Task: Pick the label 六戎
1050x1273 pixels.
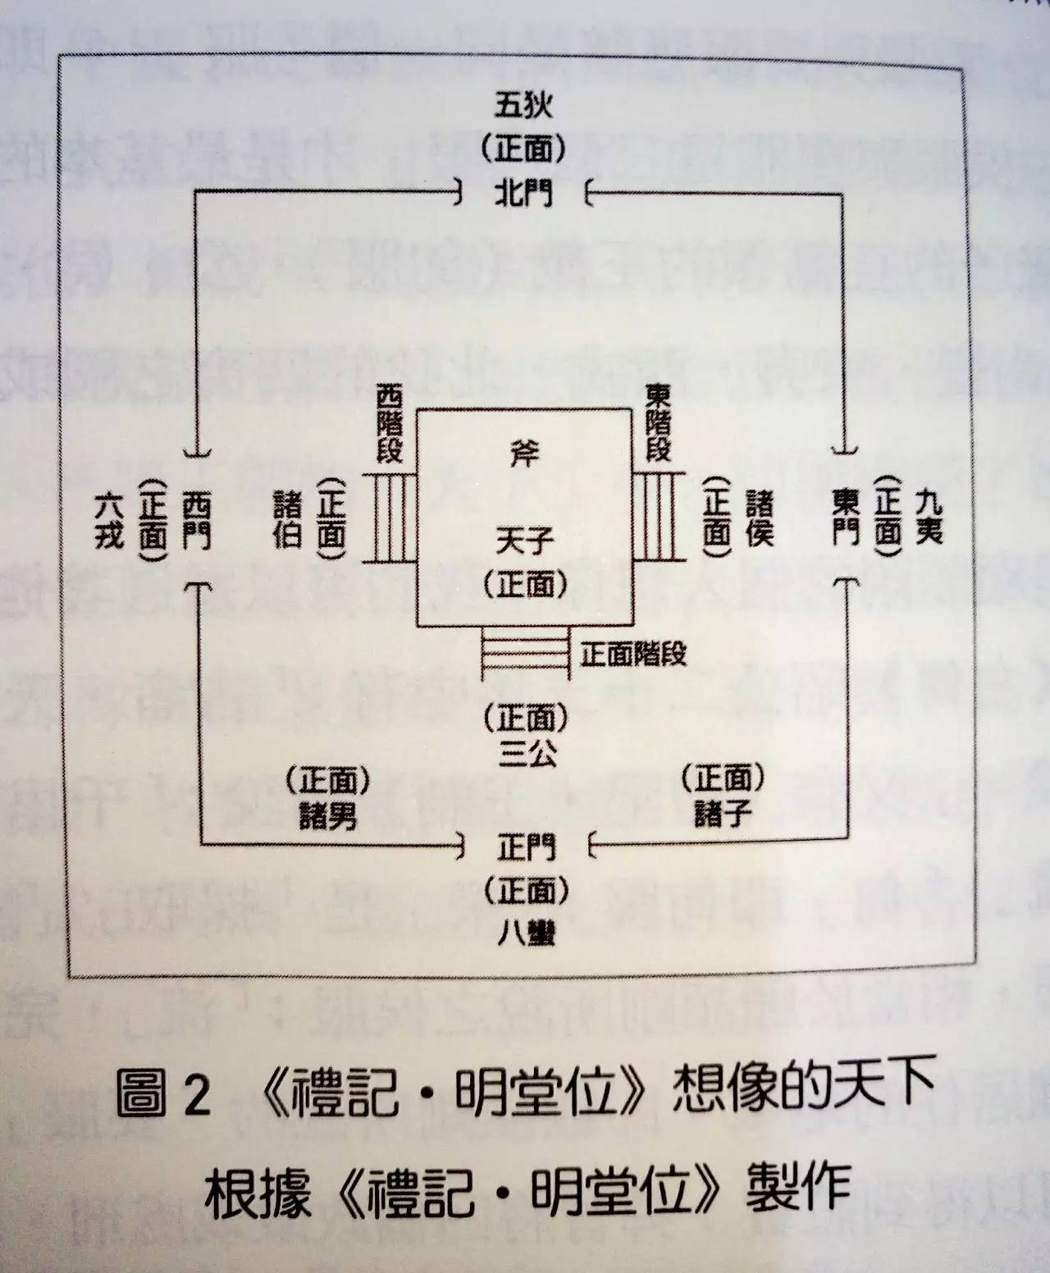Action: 109,520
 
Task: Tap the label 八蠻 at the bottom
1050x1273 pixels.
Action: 525,933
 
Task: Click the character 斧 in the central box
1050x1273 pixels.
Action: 524,454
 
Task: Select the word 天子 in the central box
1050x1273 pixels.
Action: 524,541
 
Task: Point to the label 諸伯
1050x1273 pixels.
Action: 286,520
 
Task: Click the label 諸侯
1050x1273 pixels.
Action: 759,518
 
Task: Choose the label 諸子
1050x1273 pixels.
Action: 721,814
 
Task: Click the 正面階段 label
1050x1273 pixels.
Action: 632,655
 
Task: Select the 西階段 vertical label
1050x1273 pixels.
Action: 390,425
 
